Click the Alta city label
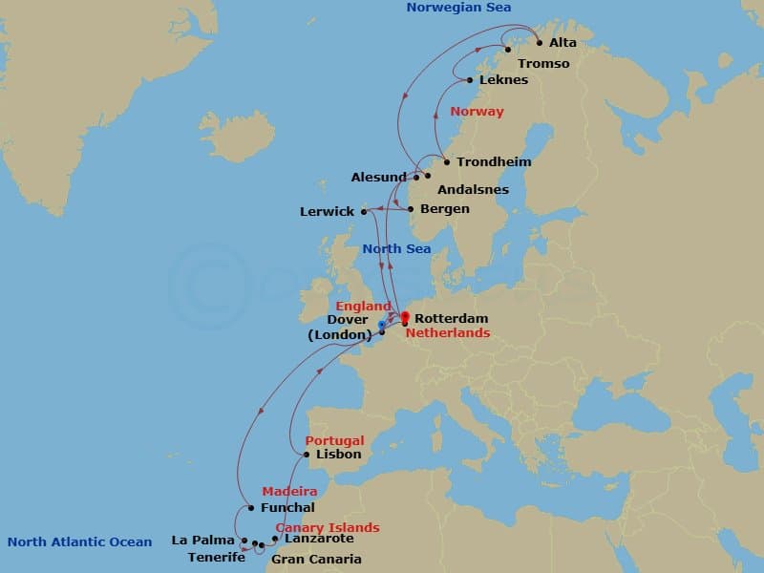tap(563, 43)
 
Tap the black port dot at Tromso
tap(508, 50)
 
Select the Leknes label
tap(503, 80)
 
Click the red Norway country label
tap(477, 112)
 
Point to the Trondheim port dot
tap(446, 162)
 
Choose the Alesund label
tap(379, 178)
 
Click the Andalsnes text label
tap(473, 190)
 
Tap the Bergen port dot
tap(411, 209)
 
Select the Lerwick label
tap(327, 212)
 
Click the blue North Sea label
tap(396, 249)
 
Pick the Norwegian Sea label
tap(458, 8)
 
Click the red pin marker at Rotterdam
tap(404, 317)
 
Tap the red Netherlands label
tap(448, 333)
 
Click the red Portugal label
tap(334, 441)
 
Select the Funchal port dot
tap(250, 507)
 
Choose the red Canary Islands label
tap(328, 528)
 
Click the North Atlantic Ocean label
tap(79, 542)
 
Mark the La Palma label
tap(202, 541)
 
